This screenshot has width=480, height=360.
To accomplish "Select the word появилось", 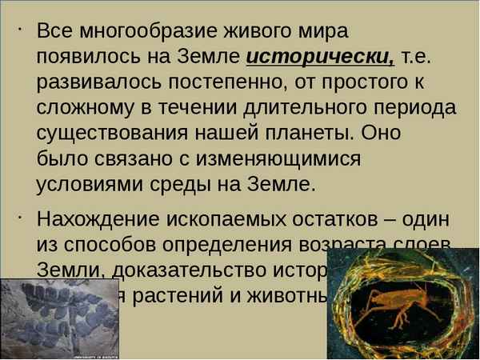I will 88,57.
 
